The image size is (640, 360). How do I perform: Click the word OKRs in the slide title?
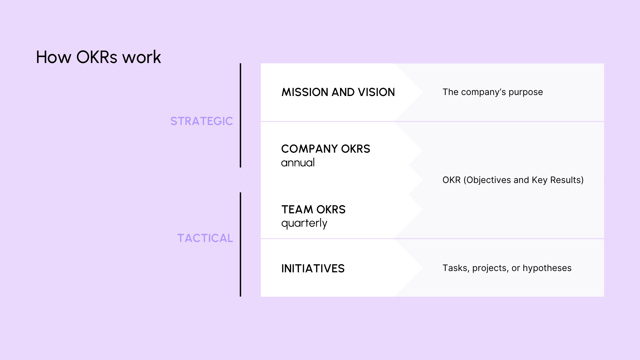97,57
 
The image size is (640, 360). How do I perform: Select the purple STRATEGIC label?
201,121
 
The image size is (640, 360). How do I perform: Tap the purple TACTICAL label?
205,238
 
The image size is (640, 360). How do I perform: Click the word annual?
298,163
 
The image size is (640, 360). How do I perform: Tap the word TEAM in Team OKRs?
297,209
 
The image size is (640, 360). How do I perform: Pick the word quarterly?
304,223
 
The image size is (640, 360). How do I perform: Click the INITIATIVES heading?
313,268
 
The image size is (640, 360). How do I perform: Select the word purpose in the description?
526,92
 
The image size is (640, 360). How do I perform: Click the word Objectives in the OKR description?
488,180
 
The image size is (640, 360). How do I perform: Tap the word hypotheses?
547,268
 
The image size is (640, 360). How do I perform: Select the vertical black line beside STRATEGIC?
240,115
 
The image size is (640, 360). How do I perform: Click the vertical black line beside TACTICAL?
240,244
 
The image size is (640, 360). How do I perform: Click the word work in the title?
142,57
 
